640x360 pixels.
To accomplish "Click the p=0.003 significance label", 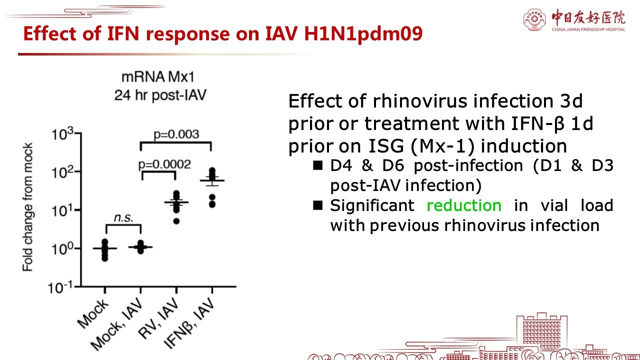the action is (x=176, y=134).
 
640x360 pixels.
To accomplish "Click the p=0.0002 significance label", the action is (x=164, y=164).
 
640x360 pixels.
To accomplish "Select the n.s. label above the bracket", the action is (x=123, y=217).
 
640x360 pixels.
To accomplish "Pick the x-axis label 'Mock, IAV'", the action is (x=116, y=324).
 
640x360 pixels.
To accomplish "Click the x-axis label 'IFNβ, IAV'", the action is (x=189, y=323).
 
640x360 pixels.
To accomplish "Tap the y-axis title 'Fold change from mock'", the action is (x=27, y=207).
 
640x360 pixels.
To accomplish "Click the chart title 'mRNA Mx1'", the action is (x=158, y=77).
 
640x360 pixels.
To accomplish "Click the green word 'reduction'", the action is (x=464, y=205).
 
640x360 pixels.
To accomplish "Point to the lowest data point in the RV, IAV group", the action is (x=176, y=221).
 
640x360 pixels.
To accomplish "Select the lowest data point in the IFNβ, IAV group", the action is (x=212, y=204).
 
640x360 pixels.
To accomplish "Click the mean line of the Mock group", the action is (x=105, y=248).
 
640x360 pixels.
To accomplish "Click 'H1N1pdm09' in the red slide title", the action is (x=363, y=34).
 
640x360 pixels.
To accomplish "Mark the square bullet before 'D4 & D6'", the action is (x=317, y=165).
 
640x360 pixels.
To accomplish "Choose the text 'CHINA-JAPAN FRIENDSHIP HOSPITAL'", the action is (x=588, y=29).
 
